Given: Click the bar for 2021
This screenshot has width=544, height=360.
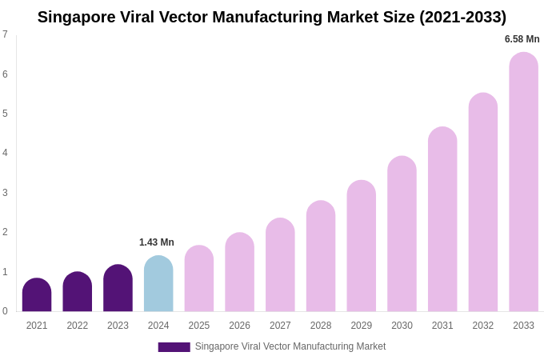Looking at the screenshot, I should (x=37, y=295).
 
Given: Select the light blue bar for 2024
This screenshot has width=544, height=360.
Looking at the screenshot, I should (x=158, y=284).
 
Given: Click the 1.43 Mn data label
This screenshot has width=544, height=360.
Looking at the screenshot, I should (x=157, y=242).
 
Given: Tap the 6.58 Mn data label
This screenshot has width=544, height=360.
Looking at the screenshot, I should (x=522, y=39).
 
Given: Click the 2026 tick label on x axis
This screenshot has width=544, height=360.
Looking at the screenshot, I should (x=239, y=326).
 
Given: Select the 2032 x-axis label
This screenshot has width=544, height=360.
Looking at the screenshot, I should (x=482, y=326).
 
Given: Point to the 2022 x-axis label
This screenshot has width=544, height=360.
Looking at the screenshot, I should (x=78, y=326).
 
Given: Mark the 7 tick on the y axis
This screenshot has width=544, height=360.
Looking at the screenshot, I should (x=5, y=34).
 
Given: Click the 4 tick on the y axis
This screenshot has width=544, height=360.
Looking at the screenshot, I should (x=5, y=153).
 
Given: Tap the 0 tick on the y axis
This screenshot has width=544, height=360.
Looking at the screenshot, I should (x=5, y=311).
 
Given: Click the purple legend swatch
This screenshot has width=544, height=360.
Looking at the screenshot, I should (x=174, y=347).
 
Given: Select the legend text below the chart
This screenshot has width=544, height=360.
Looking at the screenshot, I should (x=290, y=346).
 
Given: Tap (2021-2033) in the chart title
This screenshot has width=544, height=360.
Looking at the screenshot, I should (x=462, y=17).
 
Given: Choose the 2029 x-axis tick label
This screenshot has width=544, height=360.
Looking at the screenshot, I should (x=361, y=326).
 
